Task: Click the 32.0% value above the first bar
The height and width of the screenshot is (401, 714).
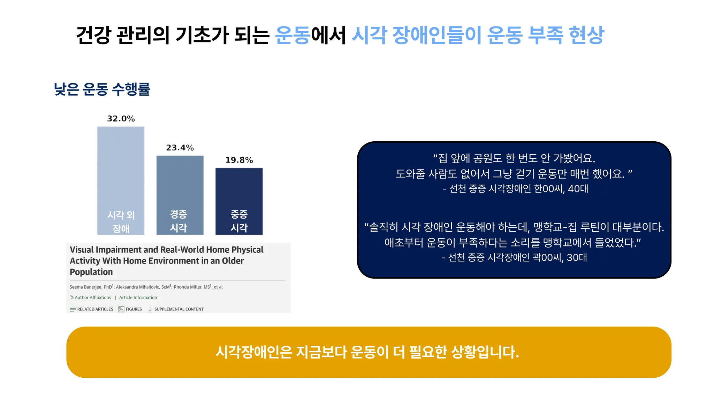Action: pos(121,119)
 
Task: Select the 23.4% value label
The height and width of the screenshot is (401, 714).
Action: pos(180,148)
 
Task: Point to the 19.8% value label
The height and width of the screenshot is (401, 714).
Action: pos(239,160)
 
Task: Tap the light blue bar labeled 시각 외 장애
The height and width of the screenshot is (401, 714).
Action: pos(121,181)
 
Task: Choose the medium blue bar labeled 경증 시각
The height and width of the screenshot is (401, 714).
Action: pos(180,195)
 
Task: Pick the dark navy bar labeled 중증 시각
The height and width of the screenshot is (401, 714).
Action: pos(239,202)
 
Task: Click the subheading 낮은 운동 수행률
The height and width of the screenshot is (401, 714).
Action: pos(102,89)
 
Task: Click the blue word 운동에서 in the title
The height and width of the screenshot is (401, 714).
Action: pos(310,35)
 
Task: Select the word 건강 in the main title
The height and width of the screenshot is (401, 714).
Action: pos(93,35)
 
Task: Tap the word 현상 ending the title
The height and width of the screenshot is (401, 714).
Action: pos(586,35)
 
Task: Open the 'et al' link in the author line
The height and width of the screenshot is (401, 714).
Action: pos(218,287)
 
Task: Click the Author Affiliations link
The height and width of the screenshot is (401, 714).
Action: pos(93,298)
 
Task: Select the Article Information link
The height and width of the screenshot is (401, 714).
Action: pos(138,298)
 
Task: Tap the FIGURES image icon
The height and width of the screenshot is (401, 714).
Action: pos(121,309)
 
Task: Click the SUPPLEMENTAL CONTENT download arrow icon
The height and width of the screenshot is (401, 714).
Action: pos(150,309)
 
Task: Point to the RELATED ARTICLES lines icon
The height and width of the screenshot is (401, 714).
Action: pos(73,309)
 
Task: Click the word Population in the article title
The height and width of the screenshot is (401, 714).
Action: pos(91,272)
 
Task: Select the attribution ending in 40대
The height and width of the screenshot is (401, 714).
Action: pos(515,189)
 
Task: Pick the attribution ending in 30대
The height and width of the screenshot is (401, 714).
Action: pos(514,258)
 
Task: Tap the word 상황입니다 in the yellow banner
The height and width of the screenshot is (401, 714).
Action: pos(485,352)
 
